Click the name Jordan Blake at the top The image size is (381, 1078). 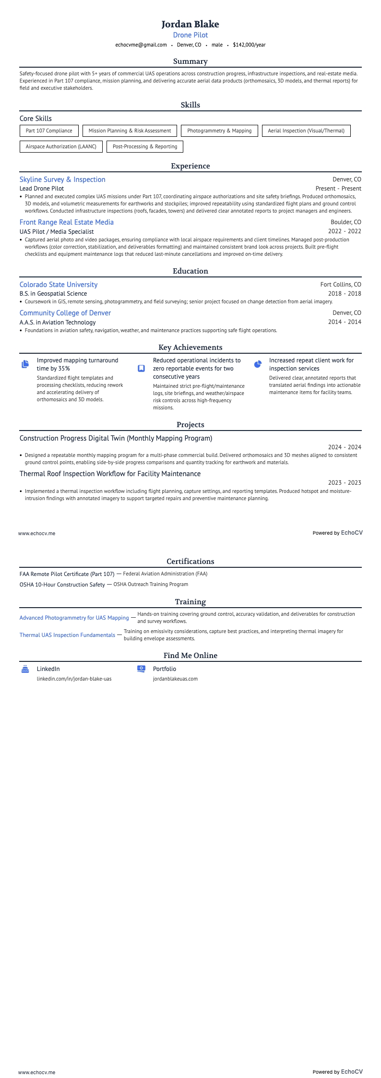[x=190, y=24]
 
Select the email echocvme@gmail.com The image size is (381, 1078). [x=141, y=45]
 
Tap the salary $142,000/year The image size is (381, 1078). [x=249, y=45]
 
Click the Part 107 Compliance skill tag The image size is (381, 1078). [x=49, y=131]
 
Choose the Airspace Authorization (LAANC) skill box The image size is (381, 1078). [x=61, y=147]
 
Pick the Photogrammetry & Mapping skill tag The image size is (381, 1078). [x=219, y=131]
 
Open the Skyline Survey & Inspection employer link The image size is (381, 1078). [x=62, y=180]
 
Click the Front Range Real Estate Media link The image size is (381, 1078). [x=67, y=222]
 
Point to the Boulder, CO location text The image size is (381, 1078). [x=345, y=222]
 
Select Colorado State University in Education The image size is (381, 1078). [x=59, y=285]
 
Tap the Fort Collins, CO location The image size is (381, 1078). [x=341, y=285]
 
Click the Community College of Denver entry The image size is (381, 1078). [x=65, y=313]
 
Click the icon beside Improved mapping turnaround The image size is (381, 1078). [x=25, y=364]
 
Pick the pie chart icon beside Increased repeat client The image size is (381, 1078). [x=258, y=364]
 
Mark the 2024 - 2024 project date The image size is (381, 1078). [x=345, y=447]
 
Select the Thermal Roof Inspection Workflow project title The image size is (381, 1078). [x=110, y=474]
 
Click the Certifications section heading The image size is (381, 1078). [x=190, y=562]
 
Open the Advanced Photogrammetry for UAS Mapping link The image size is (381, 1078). [x=74, y=618]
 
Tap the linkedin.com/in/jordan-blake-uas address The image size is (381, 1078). [x=74, y=679]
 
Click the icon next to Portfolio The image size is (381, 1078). [x=141, y=669]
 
